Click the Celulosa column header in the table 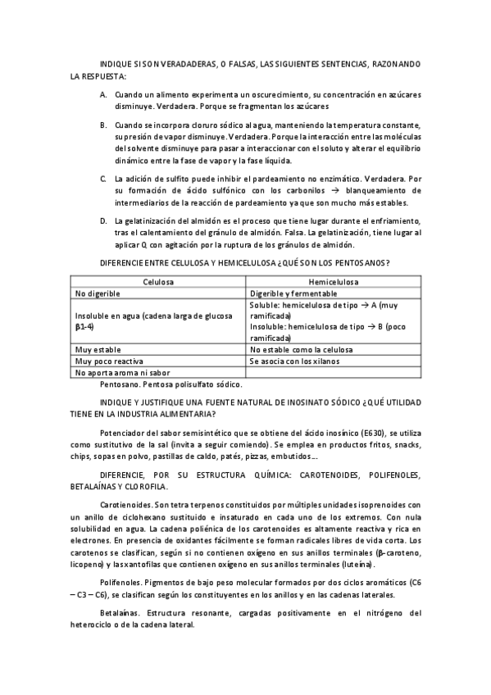point(157,281)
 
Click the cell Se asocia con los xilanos point(294,361)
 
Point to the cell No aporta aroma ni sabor point(117,372)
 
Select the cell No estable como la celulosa point(301,349)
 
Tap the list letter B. point(103,125)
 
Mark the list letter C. point(103,178)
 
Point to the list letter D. point(103,221)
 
